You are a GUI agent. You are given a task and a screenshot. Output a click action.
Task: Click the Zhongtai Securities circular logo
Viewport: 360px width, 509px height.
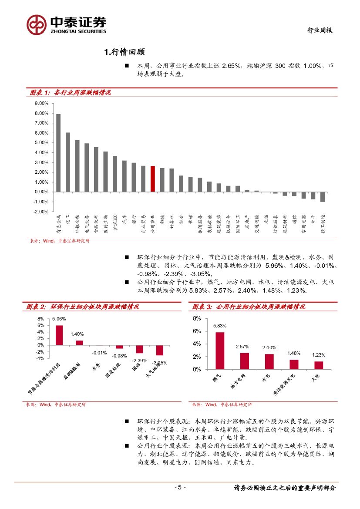click(37, 25)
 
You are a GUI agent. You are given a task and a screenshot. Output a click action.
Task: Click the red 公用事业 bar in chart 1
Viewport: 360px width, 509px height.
click(153, 179)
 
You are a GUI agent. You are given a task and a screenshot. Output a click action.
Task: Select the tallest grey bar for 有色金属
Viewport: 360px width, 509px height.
click(58, 153)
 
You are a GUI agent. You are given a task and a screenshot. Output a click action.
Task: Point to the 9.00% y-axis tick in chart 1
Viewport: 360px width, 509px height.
click(41, 104)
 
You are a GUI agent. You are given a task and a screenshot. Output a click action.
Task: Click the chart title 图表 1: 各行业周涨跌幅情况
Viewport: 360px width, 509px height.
click(70, 92)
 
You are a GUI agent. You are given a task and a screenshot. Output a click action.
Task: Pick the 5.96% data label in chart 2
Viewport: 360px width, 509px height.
click(59, 319)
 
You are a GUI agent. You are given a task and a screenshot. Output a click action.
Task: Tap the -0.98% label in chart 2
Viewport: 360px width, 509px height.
click(119, 356)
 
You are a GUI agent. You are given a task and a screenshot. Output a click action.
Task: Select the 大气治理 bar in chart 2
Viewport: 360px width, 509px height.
click(160, 350)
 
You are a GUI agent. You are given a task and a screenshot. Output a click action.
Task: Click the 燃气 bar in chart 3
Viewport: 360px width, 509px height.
click(220, 351)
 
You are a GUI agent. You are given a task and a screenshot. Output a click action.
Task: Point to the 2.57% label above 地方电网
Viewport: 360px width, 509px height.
click(242, 347)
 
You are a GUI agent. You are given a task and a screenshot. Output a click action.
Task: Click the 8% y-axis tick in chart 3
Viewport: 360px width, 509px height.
click(197, 319)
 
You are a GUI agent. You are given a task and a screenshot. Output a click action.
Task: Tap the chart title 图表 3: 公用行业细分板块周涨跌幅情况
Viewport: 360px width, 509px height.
click(249, 307)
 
